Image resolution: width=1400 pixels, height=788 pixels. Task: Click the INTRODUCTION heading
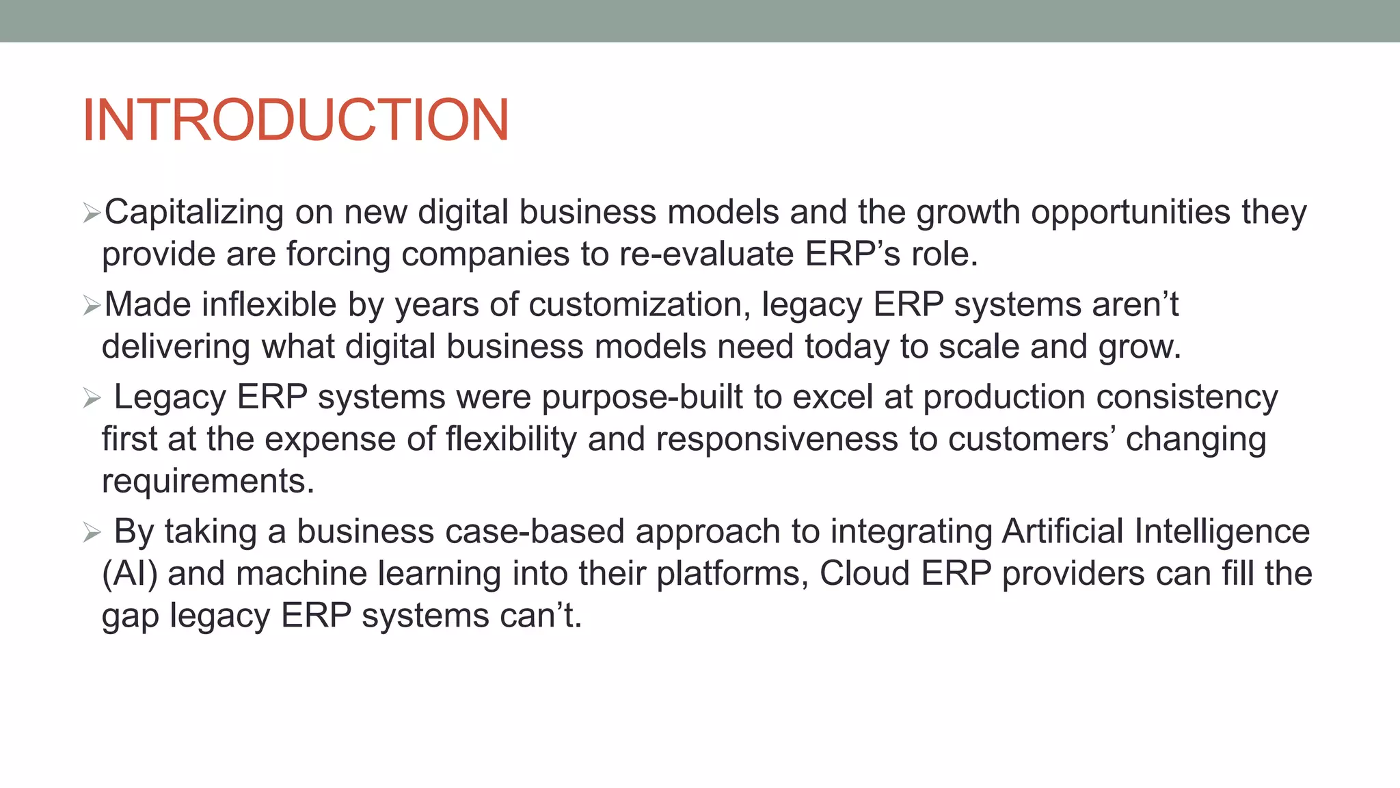coord(295,120)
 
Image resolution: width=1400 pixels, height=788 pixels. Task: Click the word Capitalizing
coord(193,212)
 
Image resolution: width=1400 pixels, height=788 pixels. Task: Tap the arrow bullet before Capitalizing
coord(92,213)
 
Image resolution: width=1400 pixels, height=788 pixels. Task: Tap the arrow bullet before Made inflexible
coord(92,306)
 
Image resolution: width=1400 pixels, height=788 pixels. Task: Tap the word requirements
coord(208,481)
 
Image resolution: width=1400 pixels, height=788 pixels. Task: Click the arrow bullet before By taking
coord(92,532)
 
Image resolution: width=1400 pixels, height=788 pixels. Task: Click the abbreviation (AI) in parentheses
coord(130,574)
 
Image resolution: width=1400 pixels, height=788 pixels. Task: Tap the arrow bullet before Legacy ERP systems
coord(92,398)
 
